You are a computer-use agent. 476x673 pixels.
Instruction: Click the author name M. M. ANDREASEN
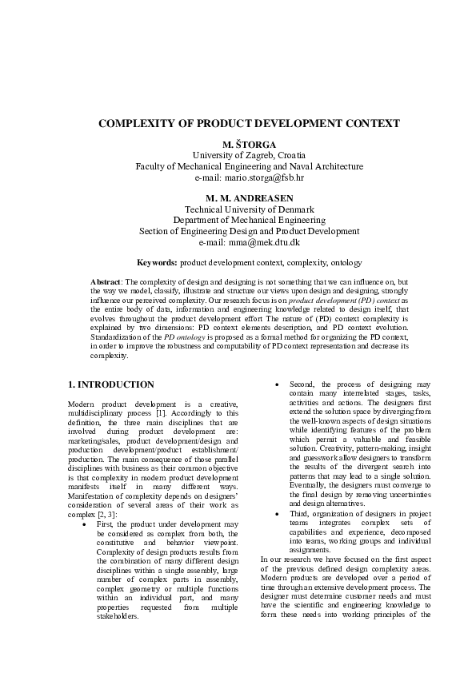click(x=238, y=197)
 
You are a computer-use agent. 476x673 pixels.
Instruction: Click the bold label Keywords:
click(x=157, y=262)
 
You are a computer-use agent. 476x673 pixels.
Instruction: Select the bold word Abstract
click(x=106, y=283)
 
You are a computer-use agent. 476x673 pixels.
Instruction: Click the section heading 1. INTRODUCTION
click(x=111, y=384)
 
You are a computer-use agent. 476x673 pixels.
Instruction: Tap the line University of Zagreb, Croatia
click(x=238, y=154)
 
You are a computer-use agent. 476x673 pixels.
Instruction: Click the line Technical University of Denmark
click(x=238, y=209)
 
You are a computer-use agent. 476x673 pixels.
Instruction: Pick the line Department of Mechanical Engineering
click(x=238, y=220)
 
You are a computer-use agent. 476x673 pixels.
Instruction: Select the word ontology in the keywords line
click(x=346, y=262)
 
